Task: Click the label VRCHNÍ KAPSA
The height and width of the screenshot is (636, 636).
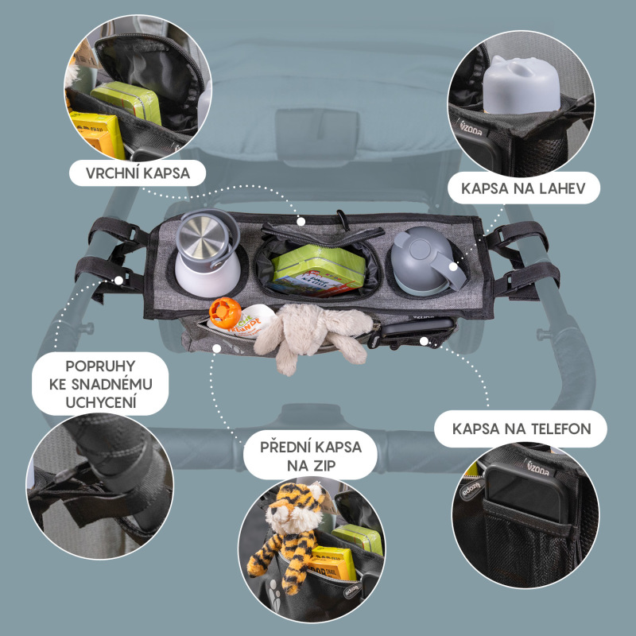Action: point(138,173)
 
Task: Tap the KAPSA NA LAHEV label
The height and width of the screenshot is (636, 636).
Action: point(524,188)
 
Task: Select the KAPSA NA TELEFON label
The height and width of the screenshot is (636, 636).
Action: point(522,429)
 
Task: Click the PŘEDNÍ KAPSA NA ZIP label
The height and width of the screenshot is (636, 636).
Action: point(311,456)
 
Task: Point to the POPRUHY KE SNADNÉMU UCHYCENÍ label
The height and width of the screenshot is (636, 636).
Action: point(101,384)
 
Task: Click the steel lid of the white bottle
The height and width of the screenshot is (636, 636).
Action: point(204,236)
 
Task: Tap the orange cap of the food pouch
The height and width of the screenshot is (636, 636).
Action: point(225,312)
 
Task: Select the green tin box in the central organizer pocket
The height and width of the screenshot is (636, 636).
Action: point(318,270)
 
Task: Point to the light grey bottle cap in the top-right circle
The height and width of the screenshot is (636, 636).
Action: point(522,85)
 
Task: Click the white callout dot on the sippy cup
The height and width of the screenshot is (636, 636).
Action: point(452,267)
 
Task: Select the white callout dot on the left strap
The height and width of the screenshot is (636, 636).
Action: point(118,281)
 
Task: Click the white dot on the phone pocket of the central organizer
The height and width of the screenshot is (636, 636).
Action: point(424,341)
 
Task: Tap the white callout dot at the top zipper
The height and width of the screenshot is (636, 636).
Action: point(301,222)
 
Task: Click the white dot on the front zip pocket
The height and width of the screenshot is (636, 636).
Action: point(217,348)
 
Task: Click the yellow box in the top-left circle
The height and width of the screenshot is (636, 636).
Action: point(98,134)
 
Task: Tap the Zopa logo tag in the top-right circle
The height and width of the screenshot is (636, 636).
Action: point(472,127)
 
